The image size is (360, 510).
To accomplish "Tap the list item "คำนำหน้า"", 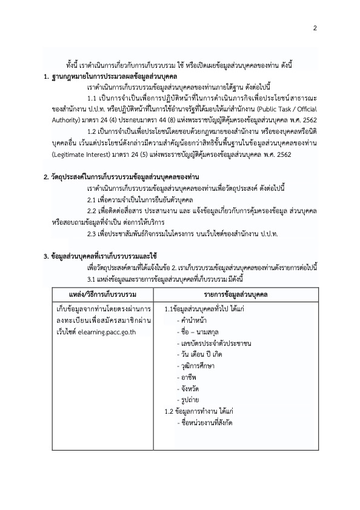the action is point(193,321).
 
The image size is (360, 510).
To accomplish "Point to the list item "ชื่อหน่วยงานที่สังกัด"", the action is point(205,425).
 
